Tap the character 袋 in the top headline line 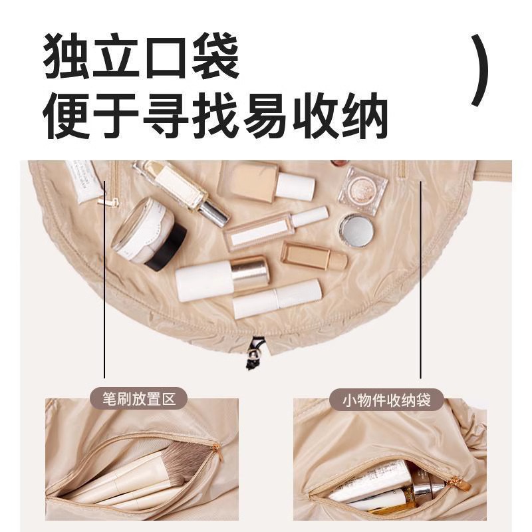coord(215,56)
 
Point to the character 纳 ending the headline coord(364,115)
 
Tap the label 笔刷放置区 coord(139,398)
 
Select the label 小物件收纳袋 coord(386,400)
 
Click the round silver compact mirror coord(357,230)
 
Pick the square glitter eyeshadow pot coord(362,190)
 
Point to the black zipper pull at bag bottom coord(253,353)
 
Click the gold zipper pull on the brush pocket coord(217,452)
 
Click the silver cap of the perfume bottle coord(213,211)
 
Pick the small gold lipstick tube coord(314,256)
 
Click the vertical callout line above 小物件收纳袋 coord(420,280)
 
